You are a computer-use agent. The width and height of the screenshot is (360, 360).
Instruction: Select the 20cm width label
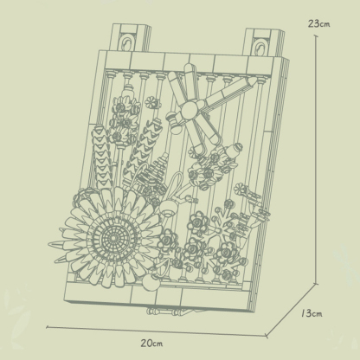(x=152, y=343)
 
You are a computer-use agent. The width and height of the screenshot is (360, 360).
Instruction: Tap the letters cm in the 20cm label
(x=160, y=343)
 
